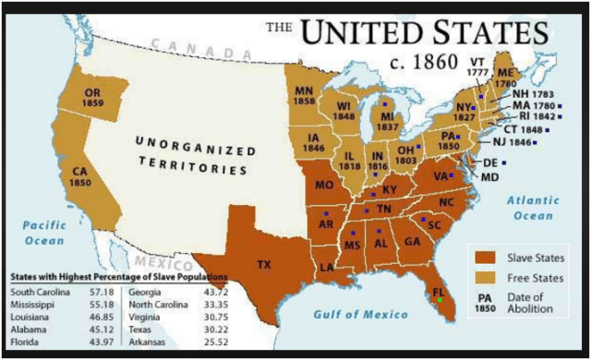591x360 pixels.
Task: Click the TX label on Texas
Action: point(264,265)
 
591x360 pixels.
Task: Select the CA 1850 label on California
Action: point(80,176)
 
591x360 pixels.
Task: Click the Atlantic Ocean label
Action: point(533,207)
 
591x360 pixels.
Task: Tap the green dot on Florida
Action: point(440,300)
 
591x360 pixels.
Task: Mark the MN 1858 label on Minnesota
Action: point(305,94)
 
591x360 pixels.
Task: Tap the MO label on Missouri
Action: point(325,186)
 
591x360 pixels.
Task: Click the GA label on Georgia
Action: point(412,243)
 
